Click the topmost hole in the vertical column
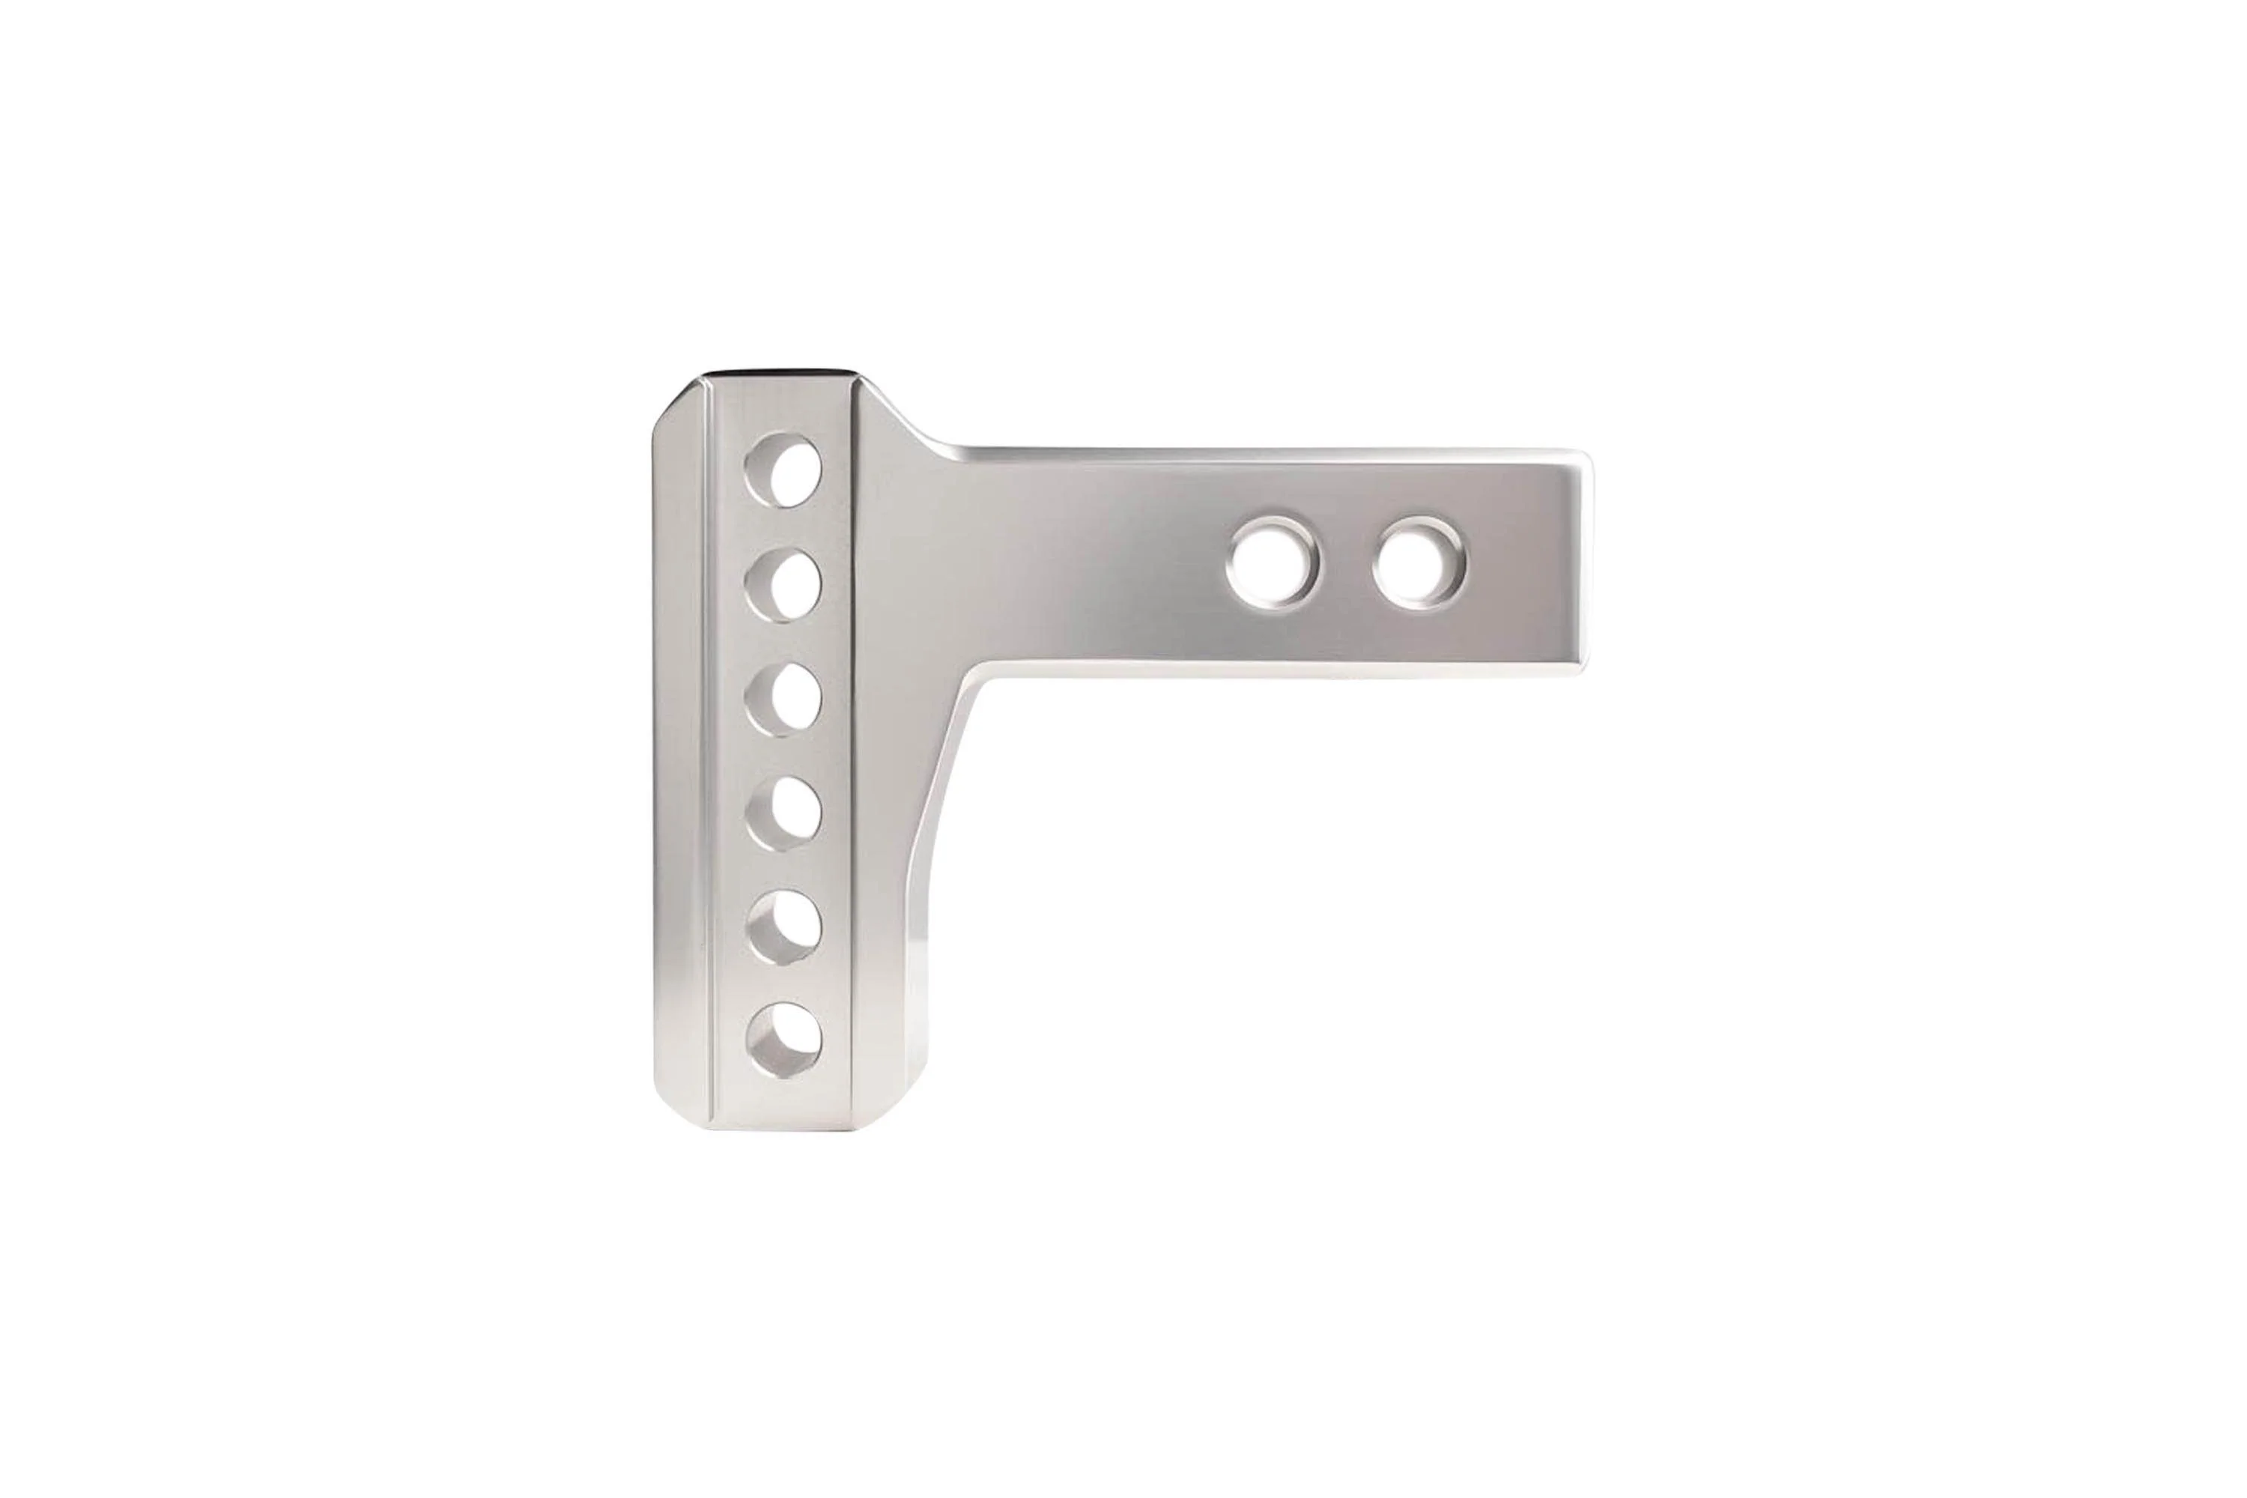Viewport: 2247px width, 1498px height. pyautogui.click(x=785, y=469)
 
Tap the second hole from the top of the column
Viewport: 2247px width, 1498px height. pyautogui.click(x=785, y=583)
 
